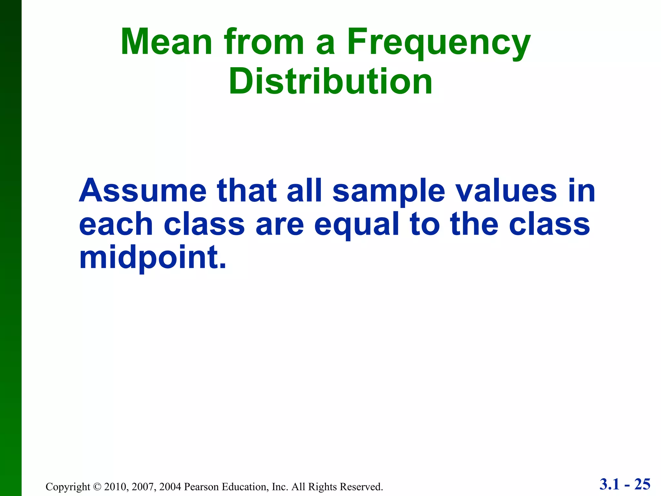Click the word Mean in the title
click(166, 42)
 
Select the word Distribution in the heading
click(330, 81)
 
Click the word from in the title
click(264, 42)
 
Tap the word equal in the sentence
click(357, 225)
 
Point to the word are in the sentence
click(280, 225)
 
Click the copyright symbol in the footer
click(97, 487)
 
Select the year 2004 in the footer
click(170, 487)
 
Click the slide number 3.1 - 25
click(625, 484)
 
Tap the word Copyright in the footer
click(68, 487)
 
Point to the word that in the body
click(247, 191)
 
